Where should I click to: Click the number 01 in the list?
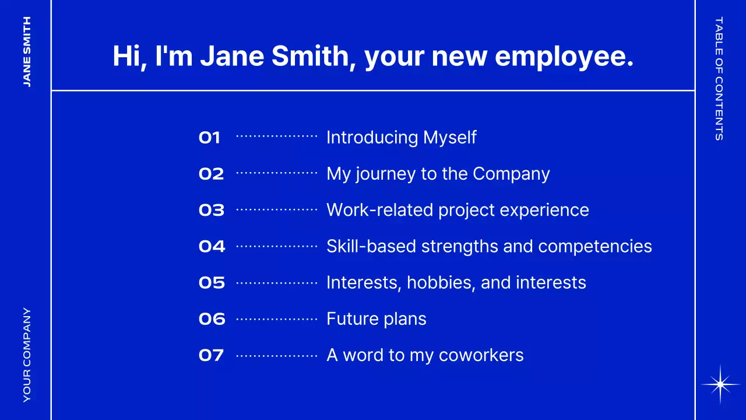(x=209, y=138)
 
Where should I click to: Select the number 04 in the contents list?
(x=212, y=247)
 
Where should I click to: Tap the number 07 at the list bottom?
(x=211, y=355)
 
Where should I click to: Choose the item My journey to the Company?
(x=438, y=174)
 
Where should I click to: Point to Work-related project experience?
(x=458, y=211)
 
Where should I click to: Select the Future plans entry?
(x=376, y=319)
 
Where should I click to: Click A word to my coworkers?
(x=425, y=355)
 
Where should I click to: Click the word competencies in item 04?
(x=595, y=247)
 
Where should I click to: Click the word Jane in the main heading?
(x=232, y=56)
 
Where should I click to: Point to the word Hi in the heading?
(x=126, y=56)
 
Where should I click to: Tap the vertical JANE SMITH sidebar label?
(x=27, y=52)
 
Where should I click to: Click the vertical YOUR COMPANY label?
(x=27, y=355)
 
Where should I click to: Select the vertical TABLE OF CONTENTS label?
(x=719, y=78)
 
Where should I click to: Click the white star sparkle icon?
(x=720, y=384)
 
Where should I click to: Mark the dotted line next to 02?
(x=277, y=173)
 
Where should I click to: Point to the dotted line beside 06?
(x=277, y=319)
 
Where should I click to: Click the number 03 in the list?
(x=212, y=211)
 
